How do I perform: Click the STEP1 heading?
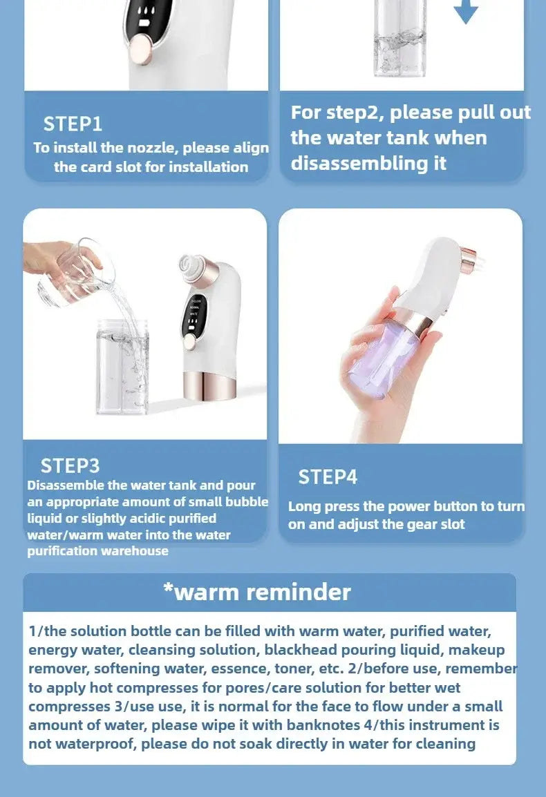(x=73, y=124)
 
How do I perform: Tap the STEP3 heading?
(x=70, y=465)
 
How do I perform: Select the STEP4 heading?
(x=328, y=477)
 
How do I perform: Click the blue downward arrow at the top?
(x=466, y=12)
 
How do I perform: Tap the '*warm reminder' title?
(x=257, y=592)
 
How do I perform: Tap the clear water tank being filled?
(x=122, y=366)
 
